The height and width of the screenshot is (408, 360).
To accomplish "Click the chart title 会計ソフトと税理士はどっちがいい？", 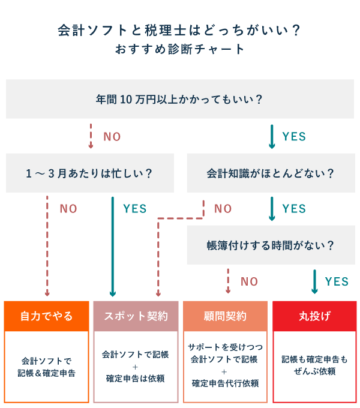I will pyautogui.click(x=179, y=31).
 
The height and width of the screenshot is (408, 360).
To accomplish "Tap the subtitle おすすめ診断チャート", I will pyautogui.click(x=180, y=49).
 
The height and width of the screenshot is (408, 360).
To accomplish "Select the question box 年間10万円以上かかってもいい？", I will pyautogui.click(x=180, y=98).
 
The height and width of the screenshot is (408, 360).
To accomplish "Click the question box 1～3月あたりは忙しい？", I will pyautogui.click(x=89, y=173).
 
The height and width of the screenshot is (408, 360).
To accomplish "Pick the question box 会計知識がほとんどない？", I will pyautogui.click(x=271, y=173).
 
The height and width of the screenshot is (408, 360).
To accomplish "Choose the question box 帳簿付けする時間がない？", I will pyautogui.click(x=271, y=245).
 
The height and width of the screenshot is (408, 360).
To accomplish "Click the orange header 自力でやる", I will pyautogui.click(x=47, y=316).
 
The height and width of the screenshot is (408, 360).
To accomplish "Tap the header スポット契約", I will pyautogui.click(x=136, y=316).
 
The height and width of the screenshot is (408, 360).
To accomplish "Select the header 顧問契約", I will pyautogui.click(x=225, y=316).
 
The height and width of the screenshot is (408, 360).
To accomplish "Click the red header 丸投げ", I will pyautogui.click(x=315, y=316).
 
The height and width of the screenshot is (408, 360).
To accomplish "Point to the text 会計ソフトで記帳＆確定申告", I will pyautogui.click(x=47, y=367).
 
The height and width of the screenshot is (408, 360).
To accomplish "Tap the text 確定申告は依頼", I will pyautogui.click(x=136, y=379).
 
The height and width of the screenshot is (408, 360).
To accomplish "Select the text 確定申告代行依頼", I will pyautogui.click(x=224, y=383).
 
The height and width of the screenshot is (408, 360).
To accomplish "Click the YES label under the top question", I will pyautogui.click(x=294, y=137).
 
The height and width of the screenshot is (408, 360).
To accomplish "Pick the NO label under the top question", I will pyautogui.click(x=112, y=137).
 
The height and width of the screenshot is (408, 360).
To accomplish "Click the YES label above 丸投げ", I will pyautogui.click(x=337, y=281).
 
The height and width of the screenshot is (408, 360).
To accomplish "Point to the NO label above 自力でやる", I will pyautogui.click(x=68, y=209).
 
